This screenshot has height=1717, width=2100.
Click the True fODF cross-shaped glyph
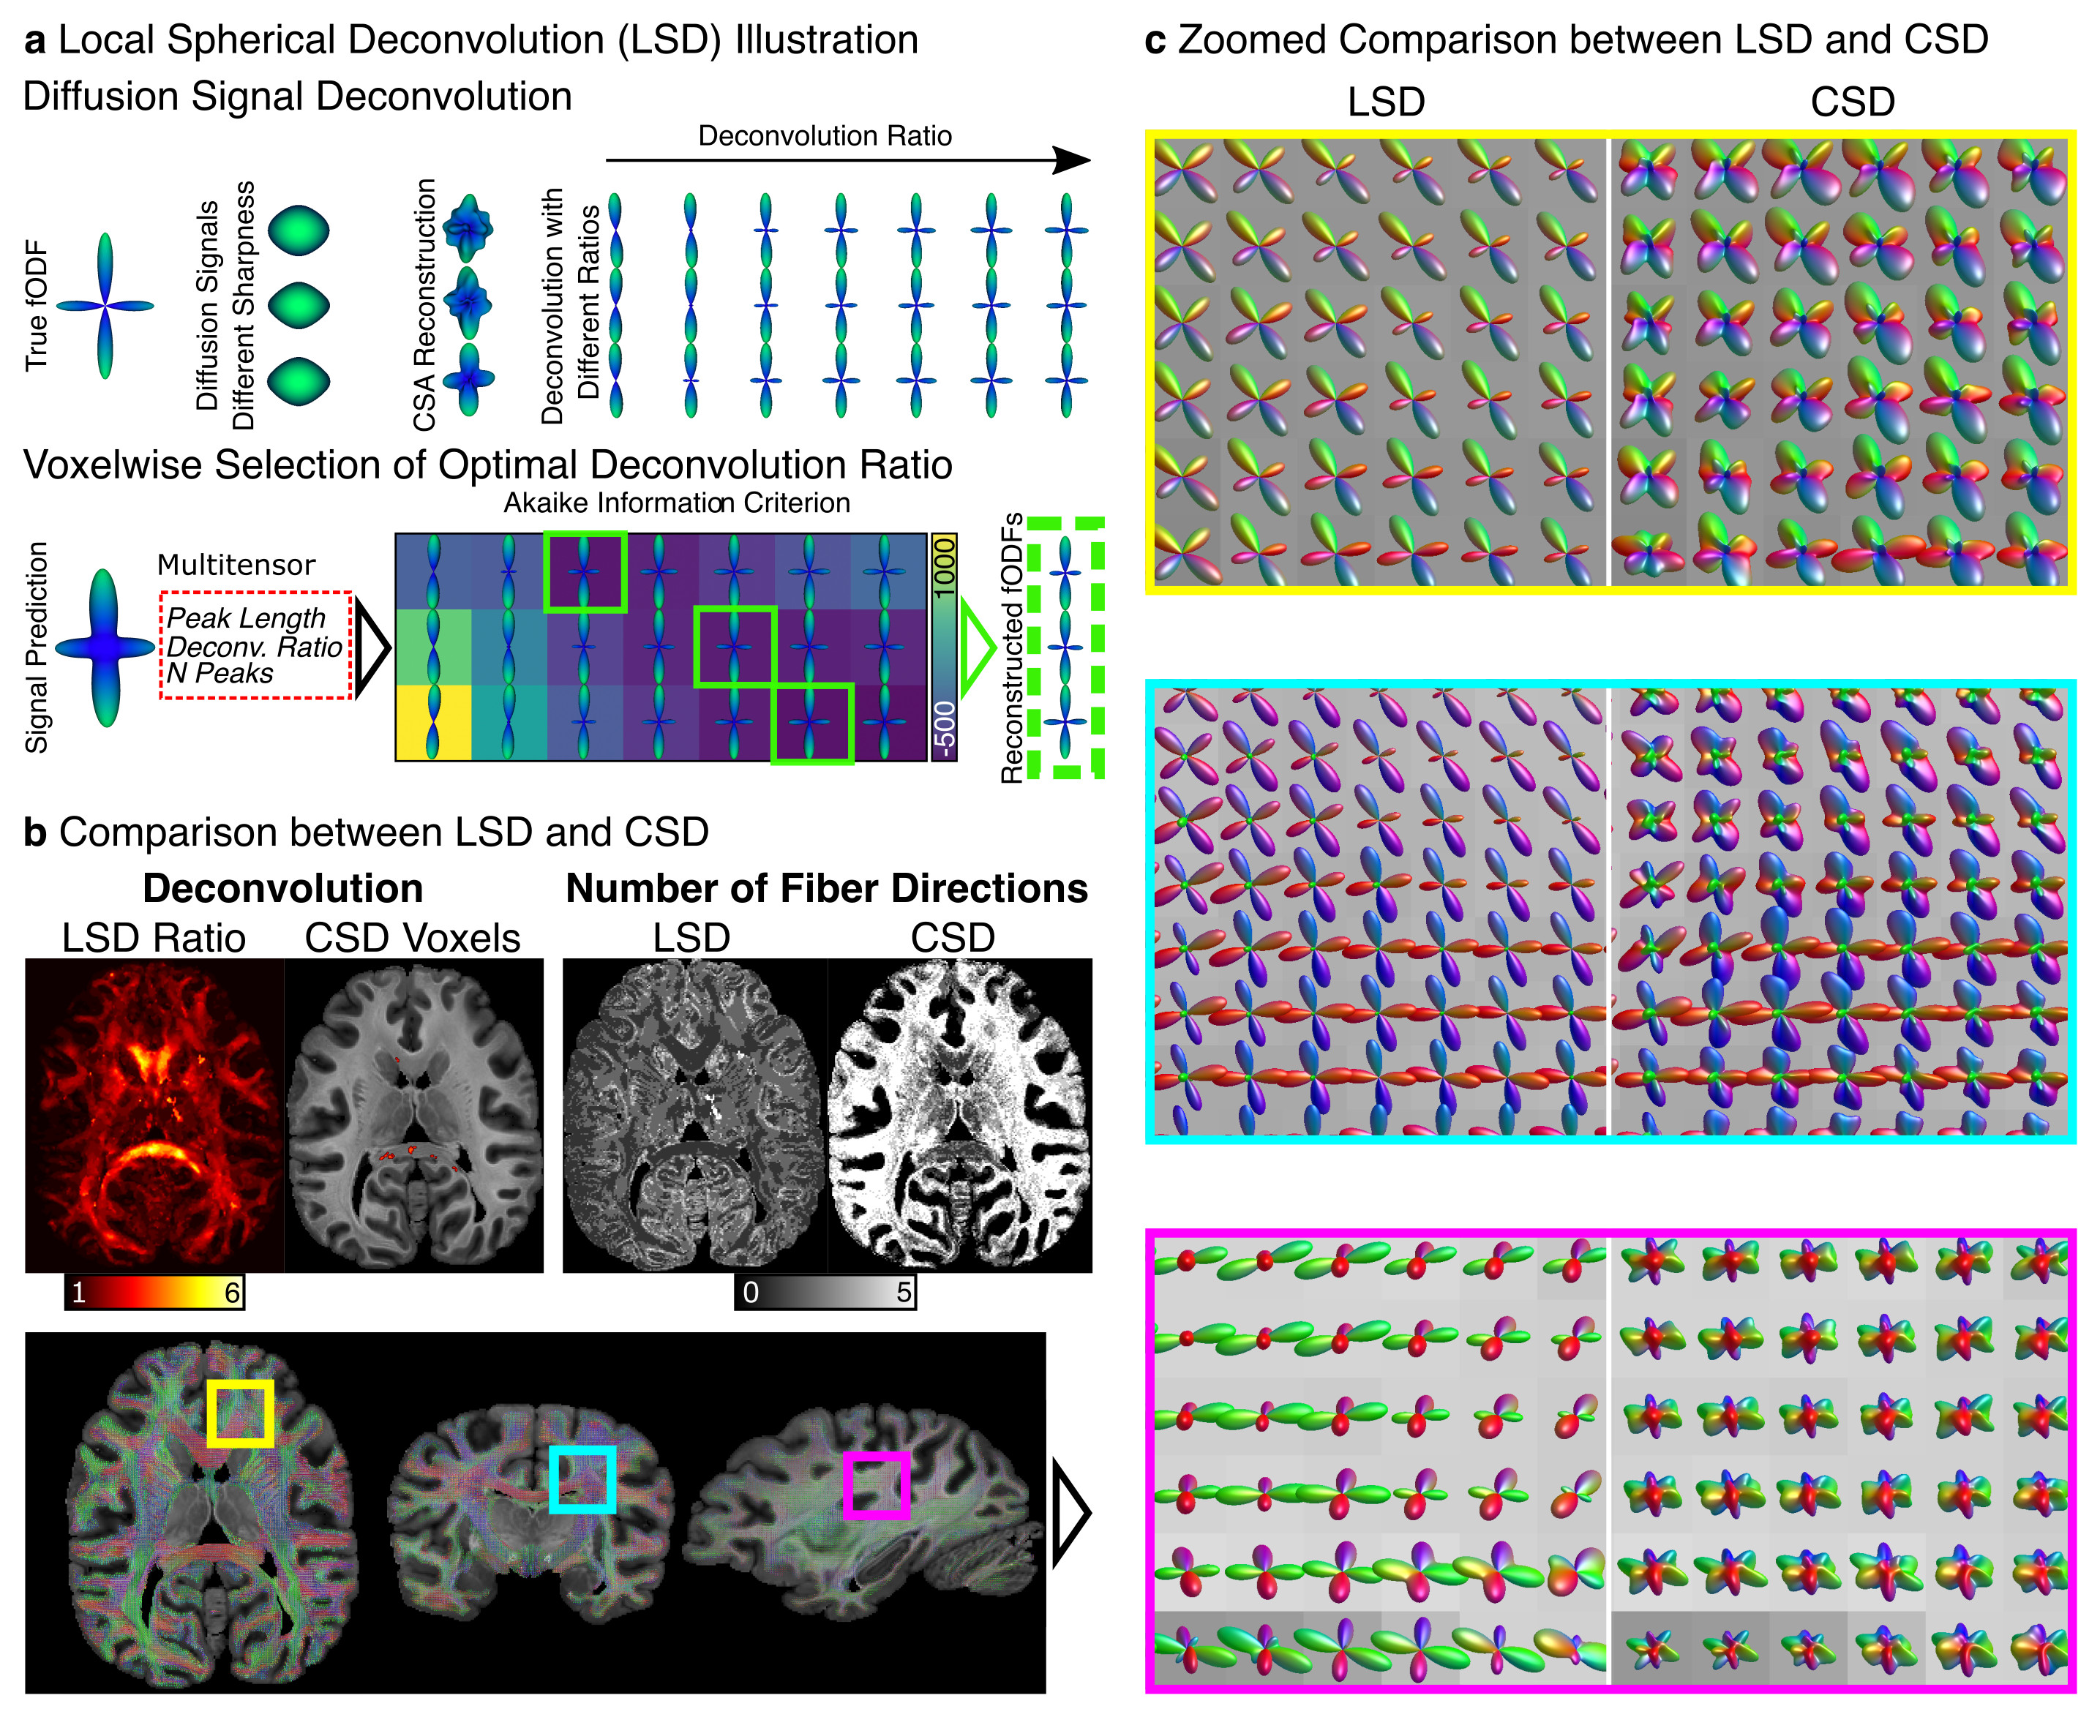[x=105, y=306]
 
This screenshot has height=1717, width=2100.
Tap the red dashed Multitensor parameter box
[x=256, y=646]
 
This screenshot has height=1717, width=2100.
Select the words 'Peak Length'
[x=245, y=618]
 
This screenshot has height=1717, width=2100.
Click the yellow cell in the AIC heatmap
[x=433, y=722]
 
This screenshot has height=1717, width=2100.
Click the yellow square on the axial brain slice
[x=241, y=1413]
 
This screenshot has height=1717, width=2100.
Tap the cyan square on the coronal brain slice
[x=582, y=1480]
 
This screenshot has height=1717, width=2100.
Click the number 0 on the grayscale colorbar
[x=751, y=1293]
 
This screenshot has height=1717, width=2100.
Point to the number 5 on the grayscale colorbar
[x=903, y=1293]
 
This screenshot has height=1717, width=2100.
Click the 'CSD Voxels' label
[x=413, y=938]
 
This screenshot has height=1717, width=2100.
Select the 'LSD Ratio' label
[x=154, y=938]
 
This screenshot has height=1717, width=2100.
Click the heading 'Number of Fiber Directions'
[x=826, y=888]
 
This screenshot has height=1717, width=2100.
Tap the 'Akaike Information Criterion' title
[x=677, y=503]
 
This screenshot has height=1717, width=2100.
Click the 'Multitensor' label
[x=236, y=565]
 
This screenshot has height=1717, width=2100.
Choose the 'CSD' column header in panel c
[x=1852, y=102]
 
